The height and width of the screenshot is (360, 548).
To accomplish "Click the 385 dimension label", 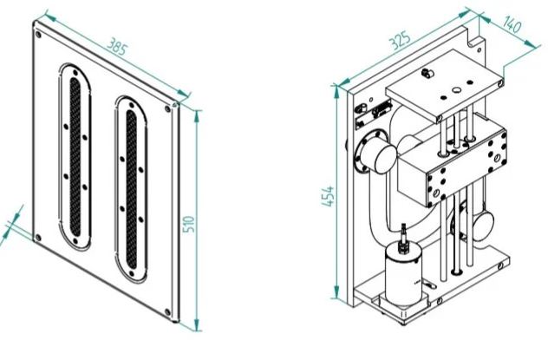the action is (117, 47).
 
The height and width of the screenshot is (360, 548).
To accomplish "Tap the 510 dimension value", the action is (189, 224).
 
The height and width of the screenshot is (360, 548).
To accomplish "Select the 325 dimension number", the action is (401, 40).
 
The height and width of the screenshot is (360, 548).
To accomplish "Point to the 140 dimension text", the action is (512, 24).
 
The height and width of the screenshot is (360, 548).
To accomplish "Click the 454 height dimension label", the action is (328, 196).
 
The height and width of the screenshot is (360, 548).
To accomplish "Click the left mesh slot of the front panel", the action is (75, 157).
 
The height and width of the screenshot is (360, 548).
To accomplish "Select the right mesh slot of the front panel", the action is (132, 189).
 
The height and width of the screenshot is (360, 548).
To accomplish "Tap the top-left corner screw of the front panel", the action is (38, 35).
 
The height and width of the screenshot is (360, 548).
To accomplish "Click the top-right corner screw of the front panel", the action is (168, 109).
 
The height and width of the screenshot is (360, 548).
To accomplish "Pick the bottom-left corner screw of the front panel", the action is (38, 238).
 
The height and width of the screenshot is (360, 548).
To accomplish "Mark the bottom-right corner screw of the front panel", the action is (167, 312).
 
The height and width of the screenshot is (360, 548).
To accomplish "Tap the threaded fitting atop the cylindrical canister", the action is (404, 237).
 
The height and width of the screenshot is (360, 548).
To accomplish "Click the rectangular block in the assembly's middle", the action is (453, 163).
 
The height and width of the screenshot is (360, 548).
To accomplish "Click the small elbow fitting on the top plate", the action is (427, 73).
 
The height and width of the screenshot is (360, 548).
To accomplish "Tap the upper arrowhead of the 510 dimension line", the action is (197, 116).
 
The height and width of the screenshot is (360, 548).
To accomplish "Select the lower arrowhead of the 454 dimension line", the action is (336, 291).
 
